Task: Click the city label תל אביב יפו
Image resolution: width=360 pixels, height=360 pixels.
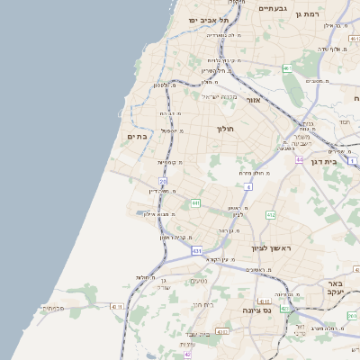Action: tap(209, 20)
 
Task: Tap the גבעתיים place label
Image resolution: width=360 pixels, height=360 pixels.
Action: tap(272, 8)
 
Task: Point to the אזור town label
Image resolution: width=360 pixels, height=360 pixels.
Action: tap(253, 100)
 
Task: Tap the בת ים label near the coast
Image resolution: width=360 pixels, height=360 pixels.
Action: tap(137, 136)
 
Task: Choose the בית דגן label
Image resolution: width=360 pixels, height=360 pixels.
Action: tap(335, 162)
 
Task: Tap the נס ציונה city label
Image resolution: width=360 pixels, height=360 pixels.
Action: tap(256, 310)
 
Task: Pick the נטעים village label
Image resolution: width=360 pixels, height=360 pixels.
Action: tap(198, 281)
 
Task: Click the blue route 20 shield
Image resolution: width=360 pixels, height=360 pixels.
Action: tap(163, 181)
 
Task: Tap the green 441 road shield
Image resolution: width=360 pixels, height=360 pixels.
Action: tap(195, 203)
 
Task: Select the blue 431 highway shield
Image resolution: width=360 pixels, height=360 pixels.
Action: tap(197, 251)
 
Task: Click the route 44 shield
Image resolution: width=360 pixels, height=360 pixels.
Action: tap(299, 159)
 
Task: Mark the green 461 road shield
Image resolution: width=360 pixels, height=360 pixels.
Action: tap(287, 68)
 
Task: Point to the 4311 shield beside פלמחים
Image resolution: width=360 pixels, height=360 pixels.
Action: tap(116, 307)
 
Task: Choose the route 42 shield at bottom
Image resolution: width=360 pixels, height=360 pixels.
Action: tap(187, 355)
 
